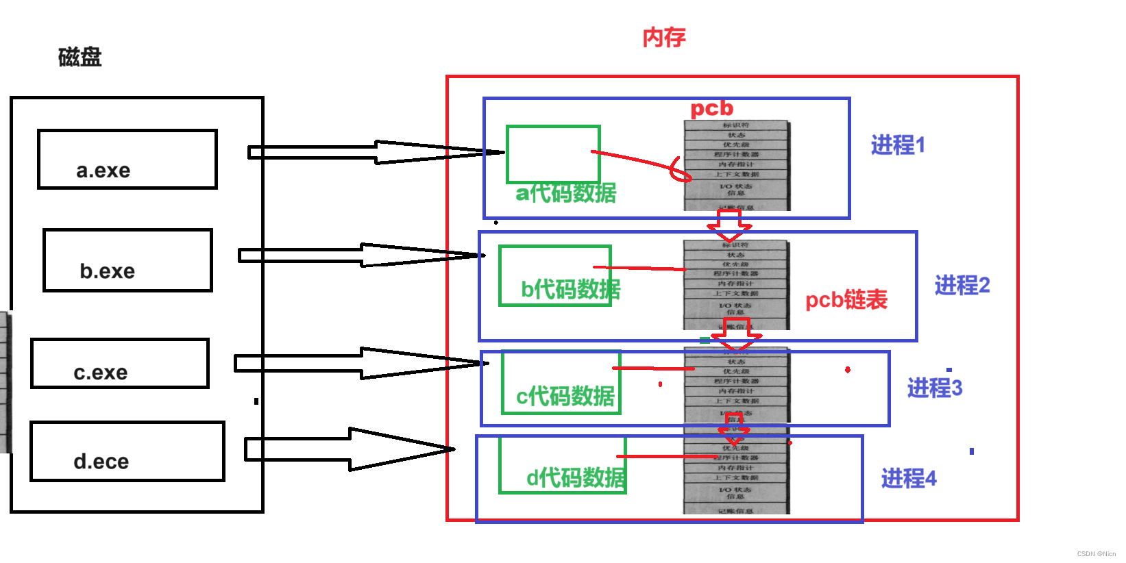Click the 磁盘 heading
(79, 57)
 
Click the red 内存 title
(663, 37)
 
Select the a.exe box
(127, 160)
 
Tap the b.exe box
(127, 261)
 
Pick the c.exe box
(120, 364)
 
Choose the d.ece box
(127, 451)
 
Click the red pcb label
(711, 108)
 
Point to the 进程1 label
(898, 145)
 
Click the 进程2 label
(962, 285)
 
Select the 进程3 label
(935, 388)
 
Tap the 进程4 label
(909, 478)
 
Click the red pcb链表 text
(846, 300)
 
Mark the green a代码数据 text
(566, 193)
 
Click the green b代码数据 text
(570, 289)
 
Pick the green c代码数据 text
(565, 396)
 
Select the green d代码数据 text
(576, 477)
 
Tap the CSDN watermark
(1096, 554)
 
